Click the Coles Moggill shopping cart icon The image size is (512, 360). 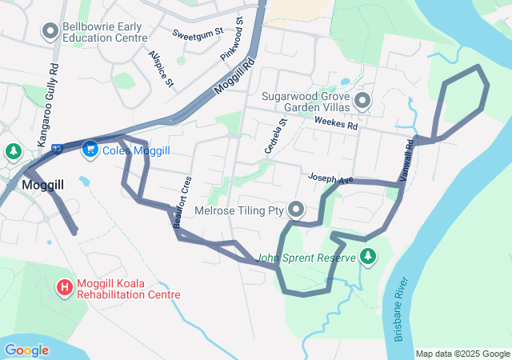click(90, 150)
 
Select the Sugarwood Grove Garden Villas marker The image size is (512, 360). click(362, 102)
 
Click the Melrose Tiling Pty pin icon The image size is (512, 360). click(296, 210)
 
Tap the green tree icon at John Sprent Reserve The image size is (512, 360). click(368, 256)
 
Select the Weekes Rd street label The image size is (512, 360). click(336, 122)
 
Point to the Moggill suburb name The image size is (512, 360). click(42, 185)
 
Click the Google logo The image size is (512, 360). click(26, 350)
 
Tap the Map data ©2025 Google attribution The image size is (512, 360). click(462, 354)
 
